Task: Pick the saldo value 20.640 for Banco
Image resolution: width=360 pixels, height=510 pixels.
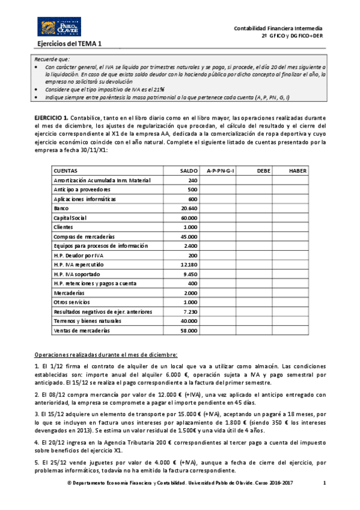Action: coord(189,208)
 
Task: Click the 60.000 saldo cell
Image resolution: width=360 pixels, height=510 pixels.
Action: coord(189,218)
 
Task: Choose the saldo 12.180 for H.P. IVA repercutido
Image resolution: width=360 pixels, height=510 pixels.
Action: coord(189,265)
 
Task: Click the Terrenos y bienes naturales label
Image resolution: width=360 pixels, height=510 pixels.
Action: coord(87,322)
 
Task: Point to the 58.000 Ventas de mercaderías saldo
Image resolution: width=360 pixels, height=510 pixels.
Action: coord(189,331)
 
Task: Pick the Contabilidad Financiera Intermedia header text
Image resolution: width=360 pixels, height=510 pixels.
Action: coord(278,28)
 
